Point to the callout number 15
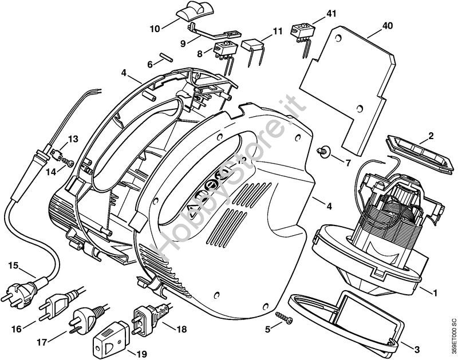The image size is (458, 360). pos(13,265)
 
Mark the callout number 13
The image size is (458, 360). pos(73,139)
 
